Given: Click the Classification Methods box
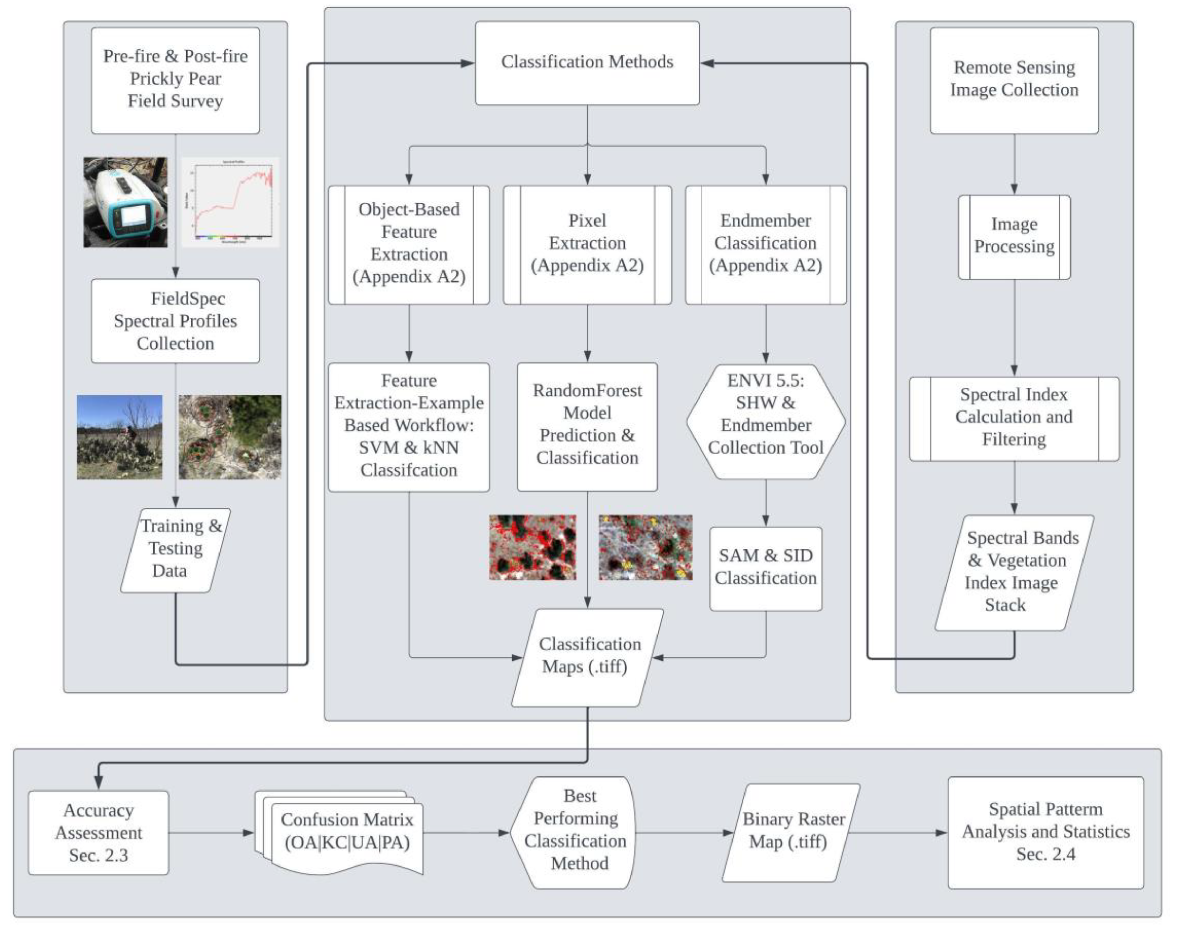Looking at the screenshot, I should tap(587, 63).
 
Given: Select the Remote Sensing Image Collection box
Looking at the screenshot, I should tap(1014, 80).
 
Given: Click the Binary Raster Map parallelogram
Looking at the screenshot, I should tap(792, 832).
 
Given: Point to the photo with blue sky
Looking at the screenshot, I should tap(120, 437).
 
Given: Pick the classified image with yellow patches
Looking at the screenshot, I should tap(645, 547).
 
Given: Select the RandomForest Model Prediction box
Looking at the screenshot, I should tap(587, 426).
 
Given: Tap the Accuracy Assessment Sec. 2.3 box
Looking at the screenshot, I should tap(98, 832).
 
